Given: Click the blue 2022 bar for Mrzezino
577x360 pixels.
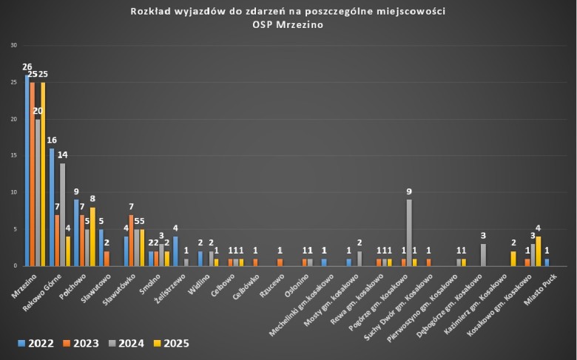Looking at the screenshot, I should point(27,170).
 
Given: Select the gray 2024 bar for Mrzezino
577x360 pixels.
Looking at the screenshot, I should point(38,192).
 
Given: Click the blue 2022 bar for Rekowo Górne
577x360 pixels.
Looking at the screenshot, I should point(52,207).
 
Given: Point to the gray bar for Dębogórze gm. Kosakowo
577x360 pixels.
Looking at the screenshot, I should point(483,254).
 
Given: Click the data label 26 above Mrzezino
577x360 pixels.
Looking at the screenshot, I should point(26,67).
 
